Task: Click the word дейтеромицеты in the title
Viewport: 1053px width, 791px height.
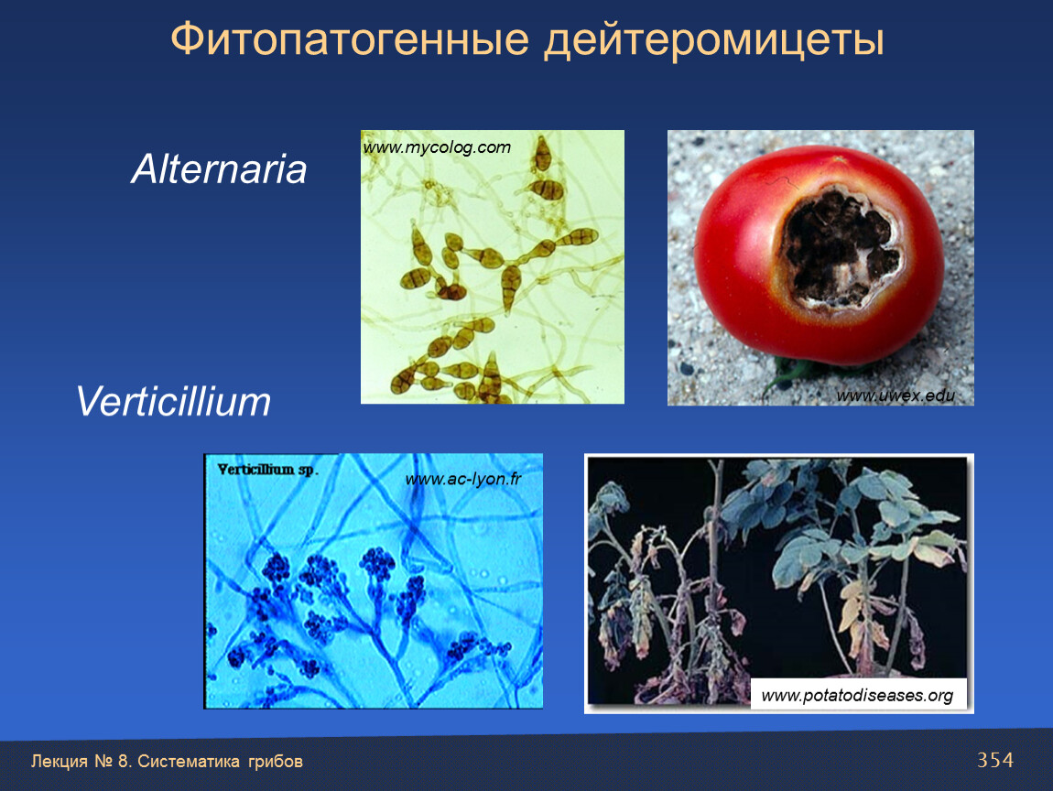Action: point(714,40)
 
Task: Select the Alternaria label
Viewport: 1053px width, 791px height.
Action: point(219,168)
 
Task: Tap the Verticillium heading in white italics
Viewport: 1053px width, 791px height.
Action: point(173,402)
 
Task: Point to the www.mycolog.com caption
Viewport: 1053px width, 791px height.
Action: point(437,147)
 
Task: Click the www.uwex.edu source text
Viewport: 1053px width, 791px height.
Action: point(896,395)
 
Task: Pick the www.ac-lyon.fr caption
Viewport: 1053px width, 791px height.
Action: point(463,479)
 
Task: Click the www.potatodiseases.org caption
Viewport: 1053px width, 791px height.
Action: point(857,695)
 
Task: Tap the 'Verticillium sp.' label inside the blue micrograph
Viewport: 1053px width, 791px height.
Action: point(266,470)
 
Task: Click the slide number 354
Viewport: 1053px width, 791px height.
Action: point(995,760)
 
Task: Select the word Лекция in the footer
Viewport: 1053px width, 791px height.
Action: point(60,762)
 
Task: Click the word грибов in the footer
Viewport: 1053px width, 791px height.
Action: point(276,762)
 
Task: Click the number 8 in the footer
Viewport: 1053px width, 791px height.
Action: point(123,762)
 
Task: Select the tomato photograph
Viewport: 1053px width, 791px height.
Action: point(820,268)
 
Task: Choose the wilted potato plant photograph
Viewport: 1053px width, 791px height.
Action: point(779,583)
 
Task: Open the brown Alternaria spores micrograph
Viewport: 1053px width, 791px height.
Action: point(493,267)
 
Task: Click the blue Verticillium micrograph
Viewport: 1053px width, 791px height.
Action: point(374,580)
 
